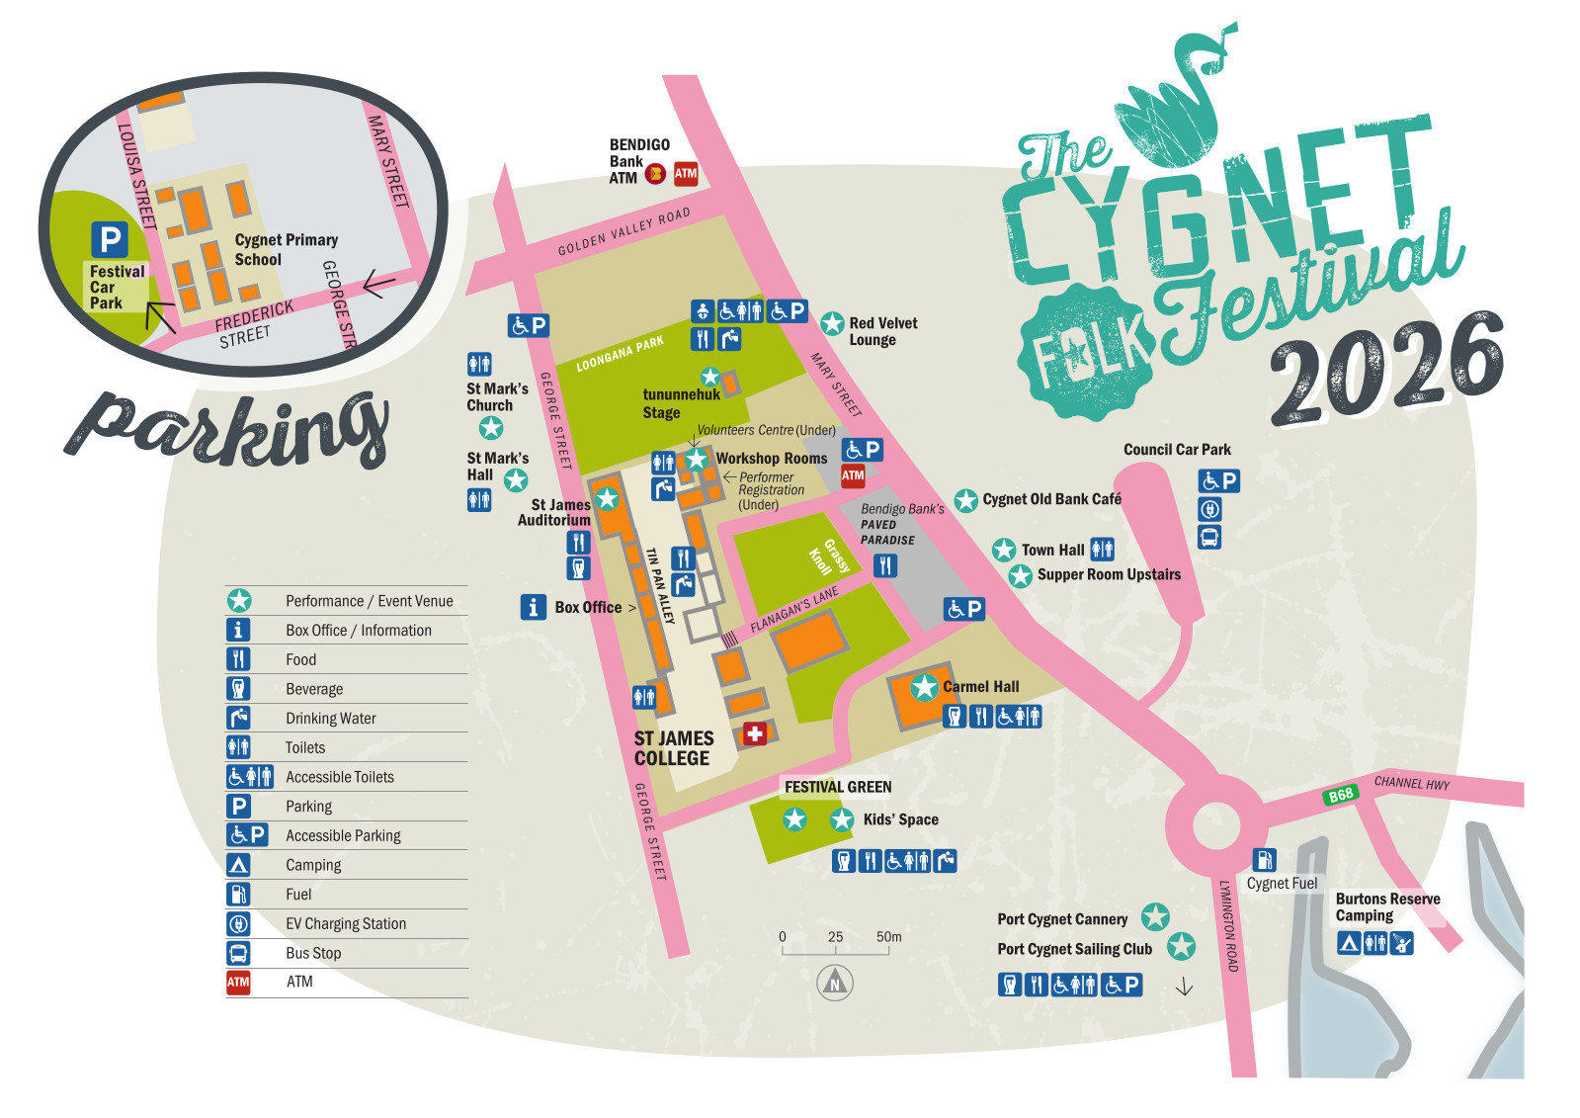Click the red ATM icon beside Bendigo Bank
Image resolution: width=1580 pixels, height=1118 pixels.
(x=686, y=174)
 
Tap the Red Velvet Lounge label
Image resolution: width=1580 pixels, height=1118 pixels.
(x=882, y=331)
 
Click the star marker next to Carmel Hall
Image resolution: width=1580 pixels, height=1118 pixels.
(x=924, y=686)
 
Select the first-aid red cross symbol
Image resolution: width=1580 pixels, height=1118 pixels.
(x=755, y=733)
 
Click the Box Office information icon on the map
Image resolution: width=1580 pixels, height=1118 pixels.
(x=534, y=607)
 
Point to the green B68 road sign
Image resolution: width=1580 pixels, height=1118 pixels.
(x=1341, y=795)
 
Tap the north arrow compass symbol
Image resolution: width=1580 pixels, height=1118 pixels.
(x=835, y=983)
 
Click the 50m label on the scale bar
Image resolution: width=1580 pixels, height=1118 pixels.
(x=888, y=936)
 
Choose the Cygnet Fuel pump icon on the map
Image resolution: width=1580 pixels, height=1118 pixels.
(x=1264, y=860)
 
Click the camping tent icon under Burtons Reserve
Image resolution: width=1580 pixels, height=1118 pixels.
(x=1349, y=943)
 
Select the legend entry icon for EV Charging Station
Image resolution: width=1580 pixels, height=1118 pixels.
(x=238, y=923)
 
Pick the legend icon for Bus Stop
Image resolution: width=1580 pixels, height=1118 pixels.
(x=238, y=953)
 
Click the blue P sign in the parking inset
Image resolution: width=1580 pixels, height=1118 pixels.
(x=110, y=239)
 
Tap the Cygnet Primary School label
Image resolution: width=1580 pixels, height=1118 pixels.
(x=285, y=249)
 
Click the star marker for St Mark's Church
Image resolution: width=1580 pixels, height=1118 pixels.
(x=491, y=428)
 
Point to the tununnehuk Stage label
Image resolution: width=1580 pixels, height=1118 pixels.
(x=681, y=403)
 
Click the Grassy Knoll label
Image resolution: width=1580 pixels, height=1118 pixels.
(x=828, y=558)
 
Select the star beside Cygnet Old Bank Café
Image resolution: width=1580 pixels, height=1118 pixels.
(x=965, y=500)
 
